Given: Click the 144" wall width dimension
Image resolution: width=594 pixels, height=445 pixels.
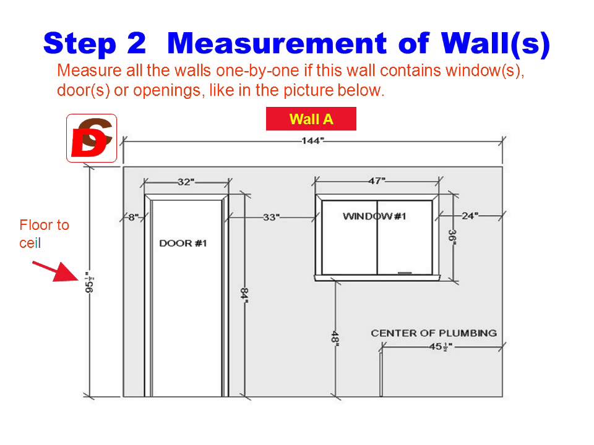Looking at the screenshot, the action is pos(312,141).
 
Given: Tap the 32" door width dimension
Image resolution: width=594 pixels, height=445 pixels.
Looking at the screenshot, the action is pos(186,182).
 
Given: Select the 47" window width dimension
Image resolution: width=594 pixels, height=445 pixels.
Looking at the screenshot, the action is pos(377,181).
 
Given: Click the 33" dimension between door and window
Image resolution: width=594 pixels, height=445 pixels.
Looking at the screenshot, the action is pos(271,217).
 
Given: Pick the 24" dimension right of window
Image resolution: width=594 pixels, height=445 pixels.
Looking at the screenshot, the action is pos(470,216).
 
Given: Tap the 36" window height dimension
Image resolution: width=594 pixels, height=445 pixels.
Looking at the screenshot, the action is pos(452,237).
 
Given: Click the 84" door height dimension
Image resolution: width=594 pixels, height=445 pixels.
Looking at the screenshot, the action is pos(245,295).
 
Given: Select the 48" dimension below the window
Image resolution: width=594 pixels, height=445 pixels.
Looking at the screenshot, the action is pos(335,337).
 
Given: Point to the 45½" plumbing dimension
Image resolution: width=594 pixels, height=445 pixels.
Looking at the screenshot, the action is pos(441,347).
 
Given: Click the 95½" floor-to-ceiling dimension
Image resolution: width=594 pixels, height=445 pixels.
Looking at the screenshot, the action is pos(89,282).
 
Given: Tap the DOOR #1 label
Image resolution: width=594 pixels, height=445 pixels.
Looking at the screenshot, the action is pos(183,244).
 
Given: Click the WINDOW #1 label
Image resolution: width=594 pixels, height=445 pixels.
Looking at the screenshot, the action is pos(374,216).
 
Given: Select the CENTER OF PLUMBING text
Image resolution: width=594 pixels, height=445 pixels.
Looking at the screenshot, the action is pos(434,333).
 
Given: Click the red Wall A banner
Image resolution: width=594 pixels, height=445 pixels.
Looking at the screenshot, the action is pos(311,119).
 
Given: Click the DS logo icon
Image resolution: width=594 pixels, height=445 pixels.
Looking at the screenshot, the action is pos(92,138).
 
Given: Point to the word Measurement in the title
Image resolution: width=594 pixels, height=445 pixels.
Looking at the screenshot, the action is pos(277,43).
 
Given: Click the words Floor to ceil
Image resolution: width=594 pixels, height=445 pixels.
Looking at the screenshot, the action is pos(44,234).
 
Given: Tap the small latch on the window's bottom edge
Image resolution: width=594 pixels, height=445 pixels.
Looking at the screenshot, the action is pos(405,273).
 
